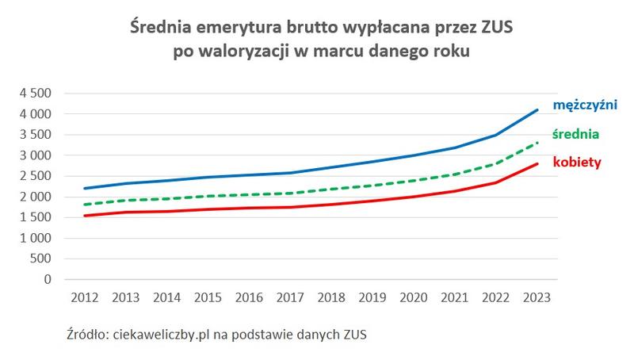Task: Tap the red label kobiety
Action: tap(579, 163)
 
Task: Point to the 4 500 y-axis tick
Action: tap(36, 94)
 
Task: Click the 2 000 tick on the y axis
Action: tap(36, 197)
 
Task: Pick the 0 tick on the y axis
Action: tap(48, 279)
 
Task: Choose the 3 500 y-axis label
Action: tap(36, 135)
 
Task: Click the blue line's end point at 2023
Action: tap(537, 110)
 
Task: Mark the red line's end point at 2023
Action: tap(537, 164)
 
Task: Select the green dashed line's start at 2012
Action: tap(85, 205)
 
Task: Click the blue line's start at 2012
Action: tap(85, 189)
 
